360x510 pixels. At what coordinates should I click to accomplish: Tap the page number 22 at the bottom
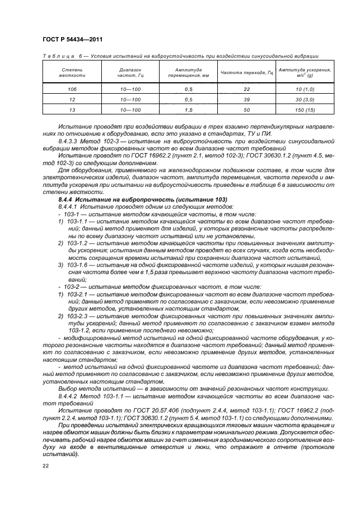45,466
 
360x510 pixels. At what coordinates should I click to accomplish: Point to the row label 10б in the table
72,89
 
